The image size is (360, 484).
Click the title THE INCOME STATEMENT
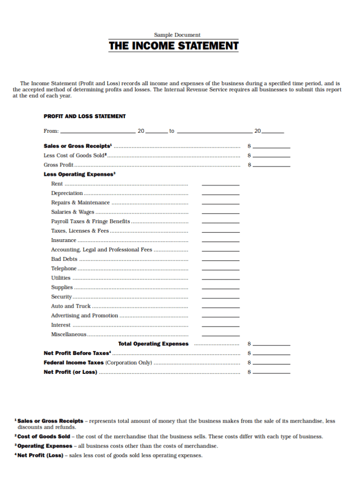point(173,46)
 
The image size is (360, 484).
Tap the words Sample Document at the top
point(177,35)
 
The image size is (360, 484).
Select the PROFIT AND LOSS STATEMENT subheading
point(85,116)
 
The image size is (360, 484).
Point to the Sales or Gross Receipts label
point(77,146)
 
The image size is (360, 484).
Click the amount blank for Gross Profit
point(272,166)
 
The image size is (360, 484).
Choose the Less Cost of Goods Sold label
point(75,156)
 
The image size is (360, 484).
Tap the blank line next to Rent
point(220,184)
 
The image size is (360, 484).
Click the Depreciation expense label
point(67,193)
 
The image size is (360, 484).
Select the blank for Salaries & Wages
point(220,213)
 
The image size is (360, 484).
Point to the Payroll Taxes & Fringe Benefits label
point(90,221)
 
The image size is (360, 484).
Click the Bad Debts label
point(64,259)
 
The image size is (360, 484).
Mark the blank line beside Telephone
point(220,269)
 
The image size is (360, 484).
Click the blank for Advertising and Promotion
point(220,317)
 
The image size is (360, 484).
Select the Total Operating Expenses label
point(153,344)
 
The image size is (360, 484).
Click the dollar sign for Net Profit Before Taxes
point(249,354)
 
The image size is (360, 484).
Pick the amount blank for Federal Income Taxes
point(272,364)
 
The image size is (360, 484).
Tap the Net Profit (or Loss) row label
point(70,372)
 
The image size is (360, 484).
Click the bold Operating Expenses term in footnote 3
point(45,446)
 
